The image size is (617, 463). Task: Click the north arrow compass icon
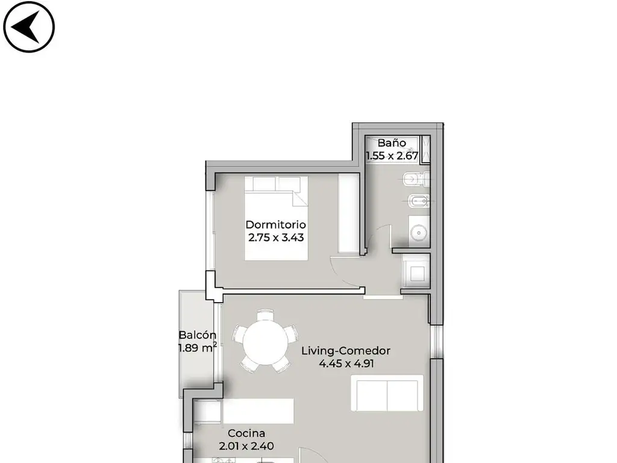[29, 27]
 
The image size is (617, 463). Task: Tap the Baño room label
[392, 142]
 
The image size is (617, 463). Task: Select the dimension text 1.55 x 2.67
[392, 156]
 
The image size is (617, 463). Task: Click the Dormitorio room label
[275, 224]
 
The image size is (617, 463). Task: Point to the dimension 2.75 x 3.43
[276, 238]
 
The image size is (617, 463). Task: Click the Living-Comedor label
[346, 351]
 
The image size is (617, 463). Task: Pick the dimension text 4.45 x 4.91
[346, 364]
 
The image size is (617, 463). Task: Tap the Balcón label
[198, 335]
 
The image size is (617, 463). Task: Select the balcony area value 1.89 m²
[198, 348]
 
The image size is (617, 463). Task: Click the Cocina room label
[246, 433]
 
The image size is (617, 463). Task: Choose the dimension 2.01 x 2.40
[246, 446]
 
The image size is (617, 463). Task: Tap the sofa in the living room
[387, 393]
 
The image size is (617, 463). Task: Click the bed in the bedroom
[276, 218]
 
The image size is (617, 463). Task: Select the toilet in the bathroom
[416, 180]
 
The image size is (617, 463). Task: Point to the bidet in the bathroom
[419, 201]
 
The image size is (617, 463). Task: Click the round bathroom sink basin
[419, 233]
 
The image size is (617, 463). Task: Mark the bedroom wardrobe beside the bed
[349, 213]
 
